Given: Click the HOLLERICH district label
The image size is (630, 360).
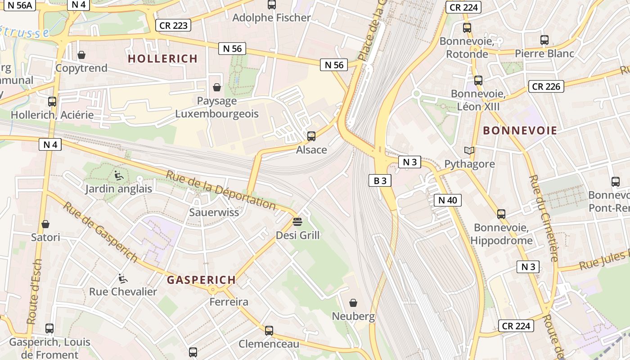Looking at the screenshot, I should pyautogui.click(x=162, y=58).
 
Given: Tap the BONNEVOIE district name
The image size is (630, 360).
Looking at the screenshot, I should pyautogui.click(x=520, y=131).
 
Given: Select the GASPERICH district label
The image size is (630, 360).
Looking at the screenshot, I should pyautogui.click(x=201, y=280).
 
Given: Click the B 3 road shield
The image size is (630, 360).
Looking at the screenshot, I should pyautogui.click(x=380, y=181).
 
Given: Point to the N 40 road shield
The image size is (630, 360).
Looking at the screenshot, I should pyautogui.click(x=447, y=200).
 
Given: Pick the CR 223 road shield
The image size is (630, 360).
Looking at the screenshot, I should pyautogui.click(x=173, y=25).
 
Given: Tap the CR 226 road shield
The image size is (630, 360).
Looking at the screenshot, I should pyautogui.click(x=546, y=86).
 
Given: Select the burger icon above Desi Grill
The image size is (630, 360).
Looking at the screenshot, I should pyautogui.click(x=297, y=221).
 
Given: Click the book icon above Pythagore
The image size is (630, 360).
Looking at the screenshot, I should pyautogui.click(x=469, y=150).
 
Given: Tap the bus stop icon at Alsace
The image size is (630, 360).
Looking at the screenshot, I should pyautogui.click(x=311, y=136).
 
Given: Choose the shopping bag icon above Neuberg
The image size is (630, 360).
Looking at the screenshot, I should pyautogui.click(x=353, y=302).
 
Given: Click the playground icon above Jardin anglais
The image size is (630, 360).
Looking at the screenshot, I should pyautogui.click(x=118, y=175).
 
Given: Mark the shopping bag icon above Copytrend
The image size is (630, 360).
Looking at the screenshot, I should pyautogui.click(x=81, y=55).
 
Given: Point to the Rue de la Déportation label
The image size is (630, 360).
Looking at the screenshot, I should pyautogui.click(x=220, y=189).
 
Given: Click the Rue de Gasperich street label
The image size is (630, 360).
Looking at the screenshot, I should pyautogui.click(x=100, y=232).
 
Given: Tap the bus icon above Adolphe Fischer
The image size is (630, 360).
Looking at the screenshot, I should pyautogui.click(x=271, y=4).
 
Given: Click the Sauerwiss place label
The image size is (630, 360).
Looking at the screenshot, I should pyautogui.click(x=214, y=212).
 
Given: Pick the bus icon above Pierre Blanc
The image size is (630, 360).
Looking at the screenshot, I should pyautogui.click(x=544, y=40).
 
